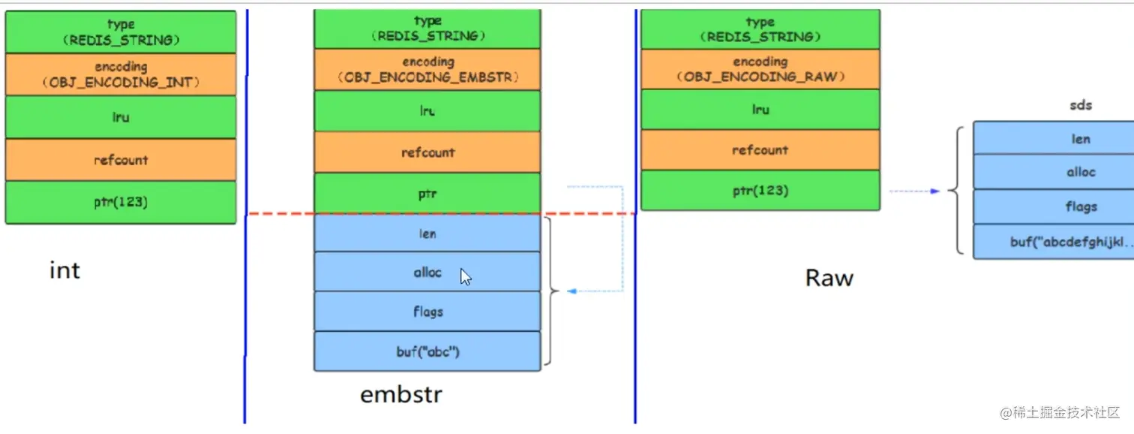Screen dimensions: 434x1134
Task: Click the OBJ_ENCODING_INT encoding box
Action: (120, 74)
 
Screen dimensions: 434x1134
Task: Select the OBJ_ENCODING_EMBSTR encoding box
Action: (427, 70)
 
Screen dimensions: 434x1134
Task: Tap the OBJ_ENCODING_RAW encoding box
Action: (760, 69)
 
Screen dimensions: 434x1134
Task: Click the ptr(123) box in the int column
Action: (120, 202)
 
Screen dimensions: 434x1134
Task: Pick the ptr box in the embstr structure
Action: (427, 194)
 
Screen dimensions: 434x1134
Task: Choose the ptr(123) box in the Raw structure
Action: (760, 191)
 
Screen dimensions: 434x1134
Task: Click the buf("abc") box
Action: (427, 351)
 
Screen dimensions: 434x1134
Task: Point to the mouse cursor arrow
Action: (466, 277)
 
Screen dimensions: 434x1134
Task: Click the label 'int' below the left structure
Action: (64, 270)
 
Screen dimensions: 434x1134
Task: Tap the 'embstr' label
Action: (401, 394)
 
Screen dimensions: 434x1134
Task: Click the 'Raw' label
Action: (829, 279)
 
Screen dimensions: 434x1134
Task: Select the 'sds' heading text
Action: (1081, 105)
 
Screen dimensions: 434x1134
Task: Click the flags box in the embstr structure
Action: (427, 312)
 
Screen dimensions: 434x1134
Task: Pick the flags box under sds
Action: (1080, 207)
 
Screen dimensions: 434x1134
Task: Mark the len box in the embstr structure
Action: (427, 234)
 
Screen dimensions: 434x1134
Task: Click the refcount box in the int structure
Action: (120, 160)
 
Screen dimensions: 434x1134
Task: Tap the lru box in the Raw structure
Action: (760, 110)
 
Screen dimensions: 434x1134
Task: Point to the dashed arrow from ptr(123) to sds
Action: (914, 191)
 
